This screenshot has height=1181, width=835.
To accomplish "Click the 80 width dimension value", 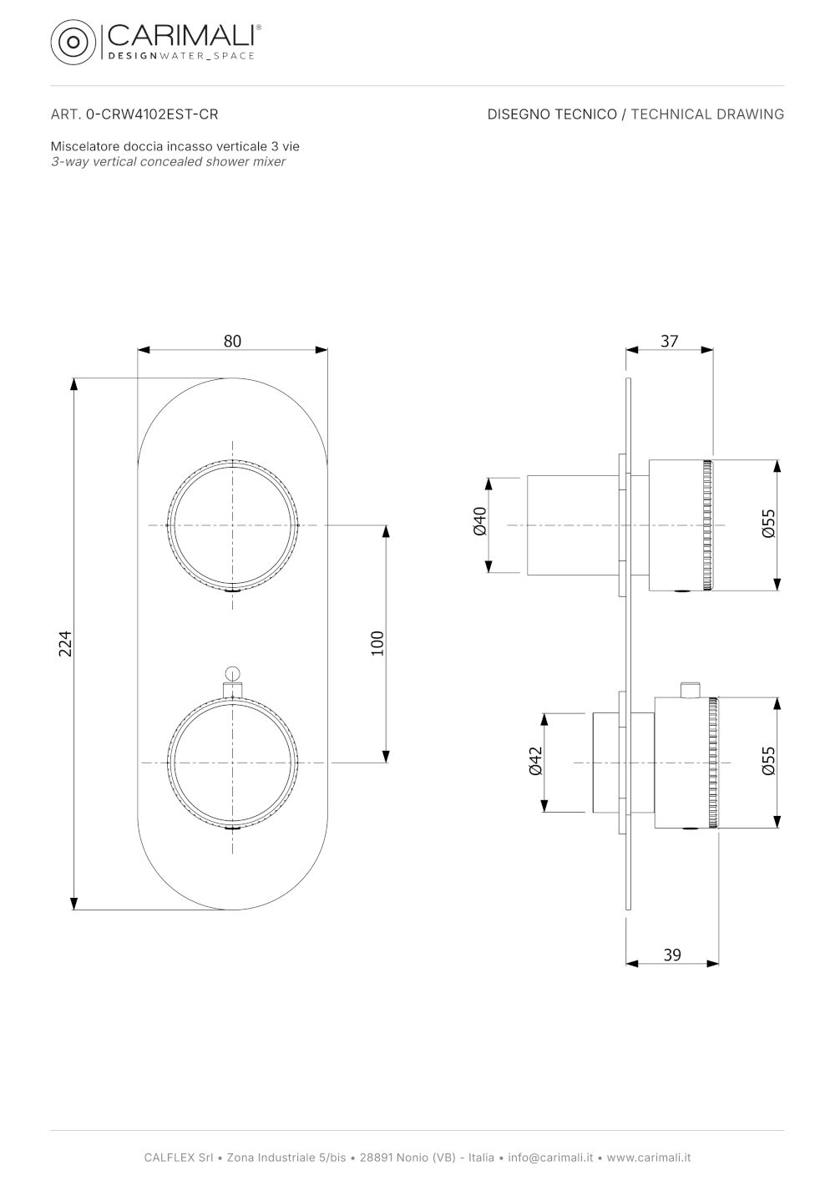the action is click(232, 341).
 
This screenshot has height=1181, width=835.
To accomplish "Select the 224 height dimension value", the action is click(65, 643).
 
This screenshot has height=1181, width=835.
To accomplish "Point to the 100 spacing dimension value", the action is click(377, 643).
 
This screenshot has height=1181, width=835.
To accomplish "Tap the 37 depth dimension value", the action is click(670, 341).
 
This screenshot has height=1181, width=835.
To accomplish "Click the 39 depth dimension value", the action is click(672, 955).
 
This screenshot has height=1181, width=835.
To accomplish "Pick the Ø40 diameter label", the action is click(480, 521).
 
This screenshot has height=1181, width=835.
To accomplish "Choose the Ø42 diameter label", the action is click(535, 761).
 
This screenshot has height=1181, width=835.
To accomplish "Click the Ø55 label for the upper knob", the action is click(769, 523).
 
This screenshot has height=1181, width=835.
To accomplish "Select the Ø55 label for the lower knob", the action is click(769, 761).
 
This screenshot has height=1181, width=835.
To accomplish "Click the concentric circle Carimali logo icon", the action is click(73, 42).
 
